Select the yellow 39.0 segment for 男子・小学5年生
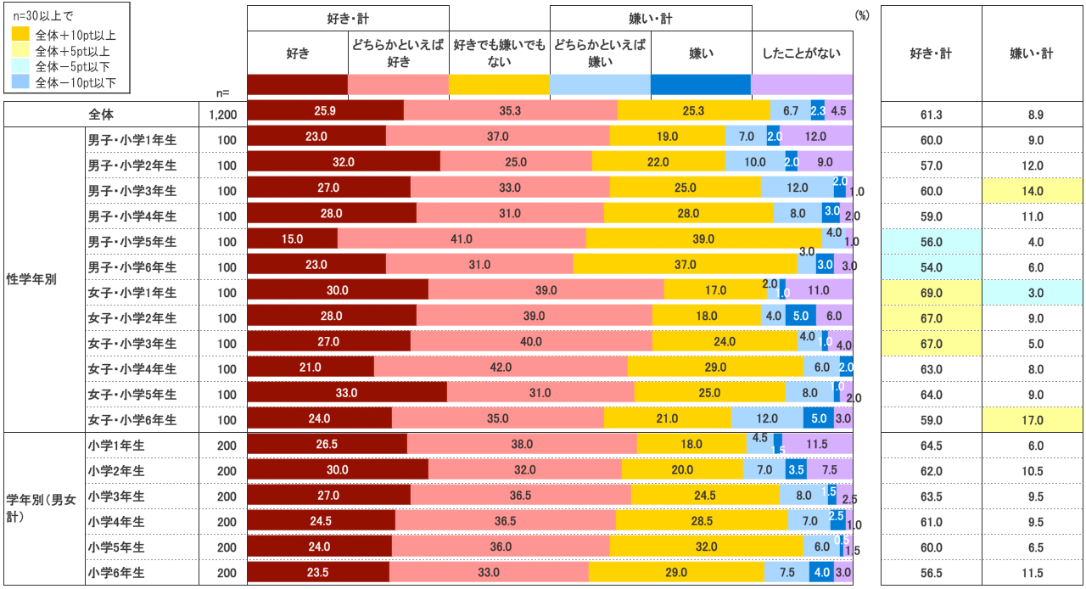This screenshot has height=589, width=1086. (704, 240)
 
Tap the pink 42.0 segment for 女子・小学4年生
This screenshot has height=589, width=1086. (501, 367)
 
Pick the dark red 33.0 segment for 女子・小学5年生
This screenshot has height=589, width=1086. (347, 393)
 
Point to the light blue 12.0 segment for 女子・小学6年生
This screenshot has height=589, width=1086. (767, 418)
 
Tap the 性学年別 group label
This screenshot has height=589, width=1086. (31, 278)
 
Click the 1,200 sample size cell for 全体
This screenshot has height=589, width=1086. (223, 114)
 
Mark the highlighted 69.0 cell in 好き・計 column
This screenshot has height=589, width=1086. (931, 292)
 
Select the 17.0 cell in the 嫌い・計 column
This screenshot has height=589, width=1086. (1032, 419)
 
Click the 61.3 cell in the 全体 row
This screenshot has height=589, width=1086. (931, 114)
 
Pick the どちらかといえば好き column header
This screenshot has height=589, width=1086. (398, 53)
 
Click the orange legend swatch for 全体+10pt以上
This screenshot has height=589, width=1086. (20, 36)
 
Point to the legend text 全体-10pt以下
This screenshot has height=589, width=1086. (76, 82)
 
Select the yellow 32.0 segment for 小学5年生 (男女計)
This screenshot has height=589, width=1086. (706, 546)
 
